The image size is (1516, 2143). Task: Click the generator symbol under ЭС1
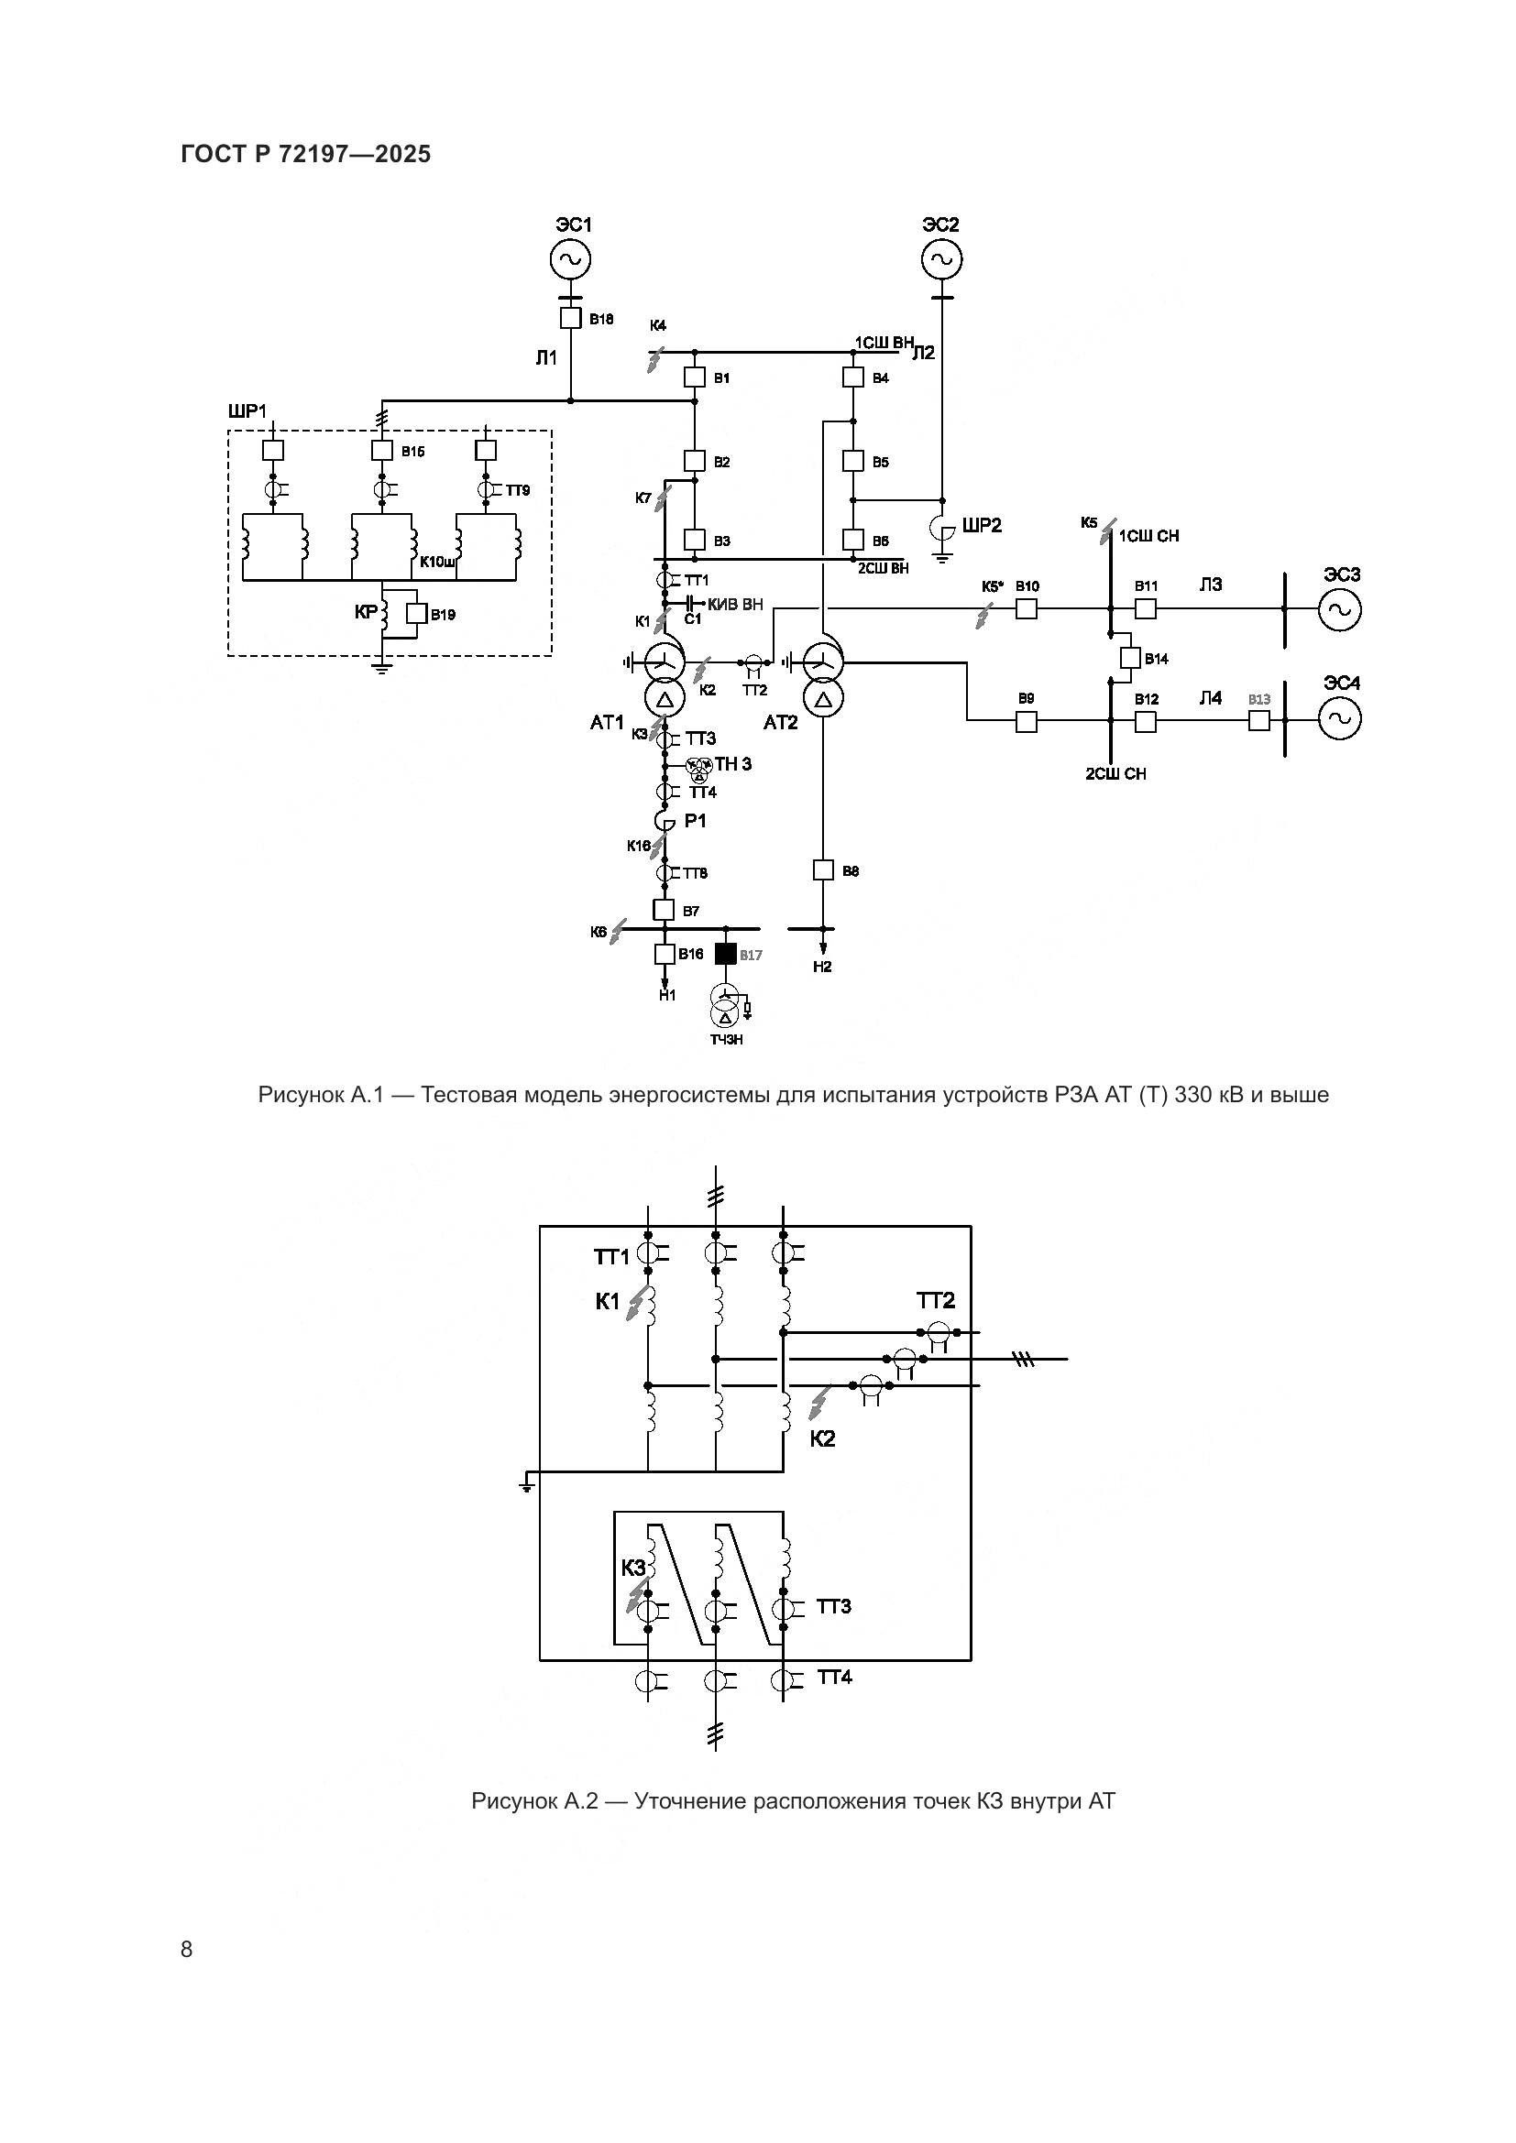pyautogui.click(x=569, y=259)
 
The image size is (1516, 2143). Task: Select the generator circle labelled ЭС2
pyautogui.click(x=942, y=259)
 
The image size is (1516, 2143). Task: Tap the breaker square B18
pyautogui.click(x=570, y=318)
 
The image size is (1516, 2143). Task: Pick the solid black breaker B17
pyautogui.click(x=725, y=954)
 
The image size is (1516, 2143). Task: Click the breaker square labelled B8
pyautogui.click(x=823, y=869)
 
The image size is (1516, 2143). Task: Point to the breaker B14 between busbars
pyautogui.click(x=1130, y=658)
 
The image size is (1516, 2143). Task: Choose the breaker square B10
pyautogui.click(x=1026, y=608)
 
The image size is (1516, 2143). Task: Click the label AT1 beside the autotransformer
pyautogui.click(x=607, y=722)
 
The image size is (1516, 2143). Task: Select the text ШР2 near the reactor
pyautogui.click(x=982, y=526)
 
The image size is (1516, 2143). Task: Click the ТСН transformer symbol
pyautogui.click(x=725, y=1004)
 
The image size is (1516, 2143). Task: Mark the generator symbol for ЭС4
pyautogui.click(x=1340, y=718)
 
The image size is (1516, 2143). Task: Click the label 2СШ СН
pyautogui.click(x=1115, y=774)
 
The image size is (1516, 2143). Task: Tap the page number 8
pyautogui.click(x=187, y=1949)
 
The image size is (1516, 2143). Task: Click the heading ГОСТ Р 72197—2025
pyautogui.click(x=306, y=154)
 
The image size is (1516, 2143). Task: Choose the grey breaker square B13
pyautogui.click(x=1259, y=719)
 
